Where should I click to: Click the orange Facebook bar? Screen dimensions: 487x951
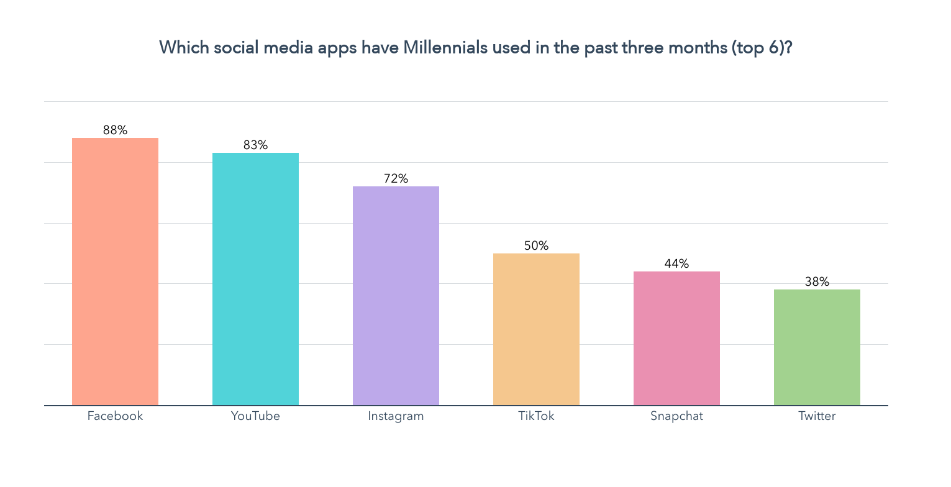click(x=115, y=271)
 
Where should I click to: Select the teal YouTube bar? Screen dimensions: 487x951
click(x=255, y=279)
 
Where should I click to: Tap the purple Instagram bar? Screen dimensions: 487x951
click(x=396, y=296)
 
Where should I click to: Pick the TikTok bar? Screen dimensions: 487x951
click(x=536, y=329)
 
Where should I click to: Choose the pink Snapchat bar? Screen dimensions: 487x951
click(x=676, y=339)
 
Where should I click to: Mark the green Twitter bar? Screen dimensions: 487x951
click(x=817, y=347)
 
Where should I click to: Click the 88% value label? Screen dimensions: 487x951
click(x=115, y=130)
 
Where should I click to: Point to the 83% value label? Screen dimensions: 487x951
click(x=255, y=145)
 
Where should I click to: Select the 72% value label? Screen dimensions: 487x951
click(x=396, y=179)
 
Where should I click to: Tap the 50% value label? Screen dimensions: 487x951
click(x=536, y=246)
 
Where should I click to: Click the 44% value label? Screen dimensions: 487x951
click(x=676, y=264)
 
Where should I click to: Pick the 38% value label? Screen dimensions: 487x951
click(x=817, y=282)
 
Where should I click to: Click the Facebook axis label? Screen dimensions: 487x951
click(x=115, y=416)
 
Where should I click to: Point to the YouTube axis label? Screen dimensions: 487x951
click(x=255, y=416)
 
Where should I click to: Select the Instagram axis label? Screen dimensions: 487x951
click(x=396, y=416)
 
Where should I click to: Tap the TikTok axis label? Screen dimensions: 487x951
click(x=536, y=416)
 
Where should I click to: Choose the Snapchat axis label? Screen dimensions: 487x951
click(x=676, y=416)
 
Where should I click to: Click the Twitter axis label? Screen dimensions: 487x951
click(x=817, y=416)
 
